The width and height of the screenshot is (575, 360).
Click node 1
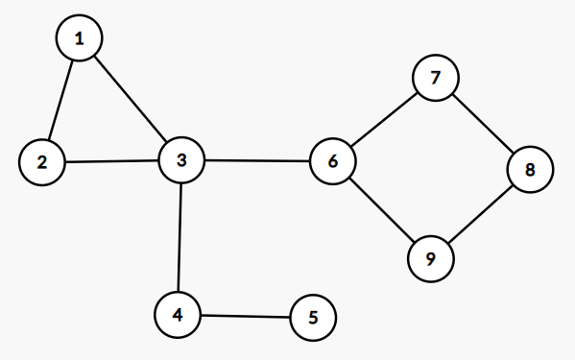[80, 38]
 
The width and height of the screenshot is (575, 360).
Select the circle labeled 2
[42, 161]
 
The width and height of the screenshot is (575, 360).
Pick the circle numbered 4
[178, 314]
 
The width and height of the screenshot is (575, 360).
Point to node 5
[313, 317]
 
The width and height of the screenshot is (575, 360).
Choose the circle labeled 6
[333, 161]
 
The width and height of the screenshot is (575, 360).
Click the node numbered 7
[436, 79]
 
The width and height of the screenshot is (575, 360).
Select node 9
[430, 257]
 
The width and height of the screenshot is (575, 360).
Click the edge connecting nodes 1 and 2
[61, 100]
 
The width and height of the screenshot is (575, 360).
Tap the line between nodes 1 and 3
[131, 99]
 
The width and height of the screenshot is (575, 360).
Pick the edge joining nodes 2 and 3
[111, 160]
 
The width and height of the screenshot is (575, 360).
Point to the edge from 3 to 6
[257, 160]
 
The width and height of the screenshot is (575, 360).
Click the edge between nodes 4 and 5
[245, 316]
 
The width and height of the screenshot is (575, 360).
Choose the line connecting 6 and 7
[384, 120]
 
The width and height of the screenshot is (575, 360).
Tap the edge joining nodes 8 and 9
[480, 214]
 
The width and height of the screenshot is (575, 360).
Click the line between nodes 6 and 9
[381, 209]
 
